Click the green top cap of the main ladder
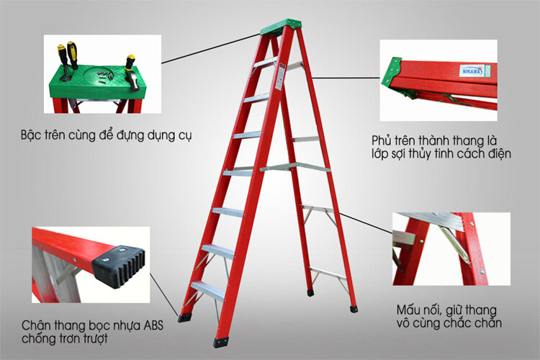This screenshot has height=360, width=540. [x=279, y=27]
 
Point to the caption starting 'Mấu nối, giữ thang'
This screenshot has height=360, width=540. [x=447, y=310]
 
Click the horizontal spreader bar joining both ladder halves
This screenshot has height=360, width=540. [x=295, y=168]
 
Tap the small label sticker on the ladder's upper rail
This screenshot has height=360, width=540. [x=282, y=70]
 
